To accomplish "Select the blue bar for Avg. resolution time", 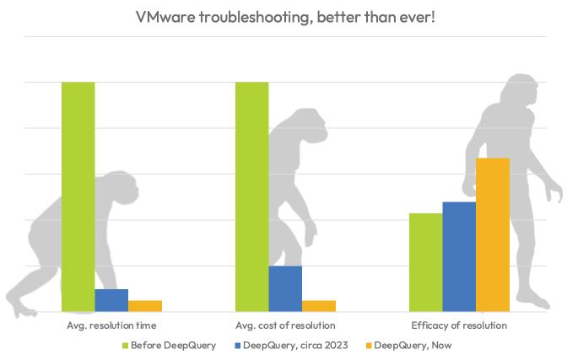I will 111,300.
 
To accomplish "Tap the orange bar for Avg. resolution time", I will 145,305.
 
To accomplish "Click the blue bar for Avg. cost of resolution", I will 285,288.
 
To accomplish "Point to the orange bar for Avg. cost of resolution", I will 319,305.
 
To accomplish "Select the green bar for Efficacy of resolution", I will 425,262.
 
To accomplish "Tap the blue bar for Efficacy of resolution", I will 459,256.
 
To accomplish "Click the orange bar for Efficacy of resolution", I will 493,234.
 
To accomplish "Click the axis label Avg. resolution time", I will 111,325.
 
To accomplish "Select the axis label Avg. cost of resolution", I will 285,325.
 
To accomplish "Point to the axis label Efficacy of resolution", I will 459,325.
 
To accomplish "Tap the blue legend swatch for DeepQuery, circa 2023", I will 238,346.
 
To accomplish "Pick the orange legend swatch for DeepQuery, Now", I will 368,346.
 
